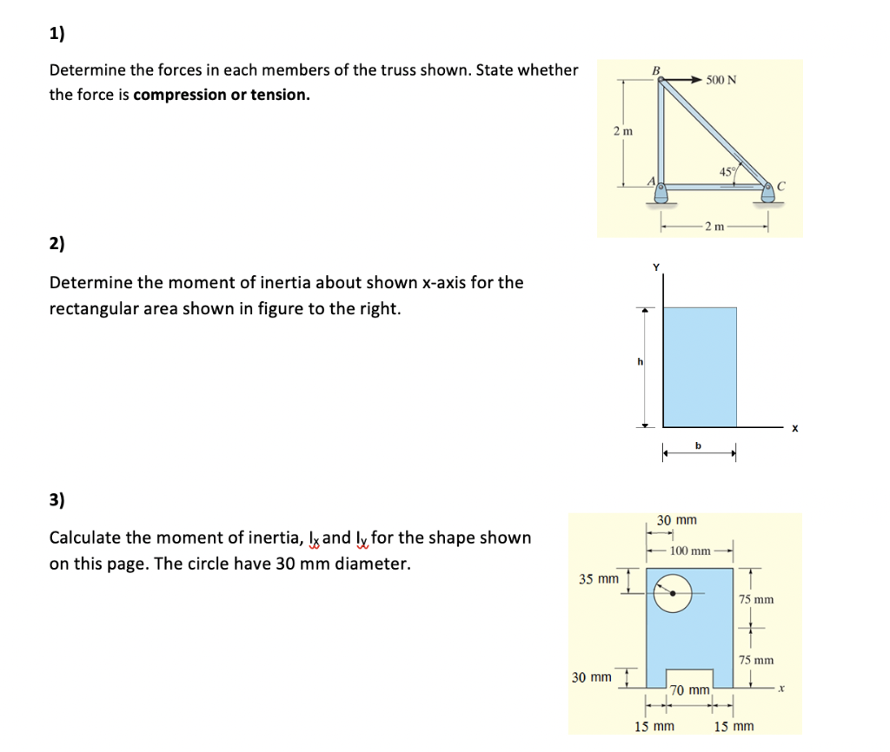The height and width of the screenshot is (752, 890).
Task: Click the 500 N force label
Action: pos(721,80)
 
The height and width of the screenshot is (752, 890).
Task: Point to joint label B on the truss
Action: pos(657,70)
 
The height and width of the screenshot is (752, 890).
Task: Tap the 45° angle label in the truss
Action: pos(727,170)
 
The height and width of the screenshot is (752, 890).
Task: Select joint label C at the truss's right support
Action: pos(781,185)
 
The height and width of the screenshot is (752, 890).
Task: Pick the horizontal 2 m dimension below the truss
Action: pos(715,227)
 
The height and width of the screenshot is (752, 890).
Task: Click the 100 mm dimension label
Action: pos(691,551)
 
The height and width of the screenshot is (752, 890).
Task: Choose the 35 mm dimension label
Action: pos(598,578)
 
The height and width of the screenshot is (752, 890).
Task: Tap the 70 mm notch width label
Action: pos(691,690)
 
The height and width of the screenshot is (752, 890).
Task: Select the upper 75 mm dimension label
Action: pos(756,599)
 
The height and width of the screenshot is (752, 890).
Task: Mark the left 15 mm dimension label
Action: pos(654,726)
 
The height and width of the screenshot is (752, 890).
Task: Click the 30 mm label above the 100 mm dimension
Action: pos(676,520)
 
